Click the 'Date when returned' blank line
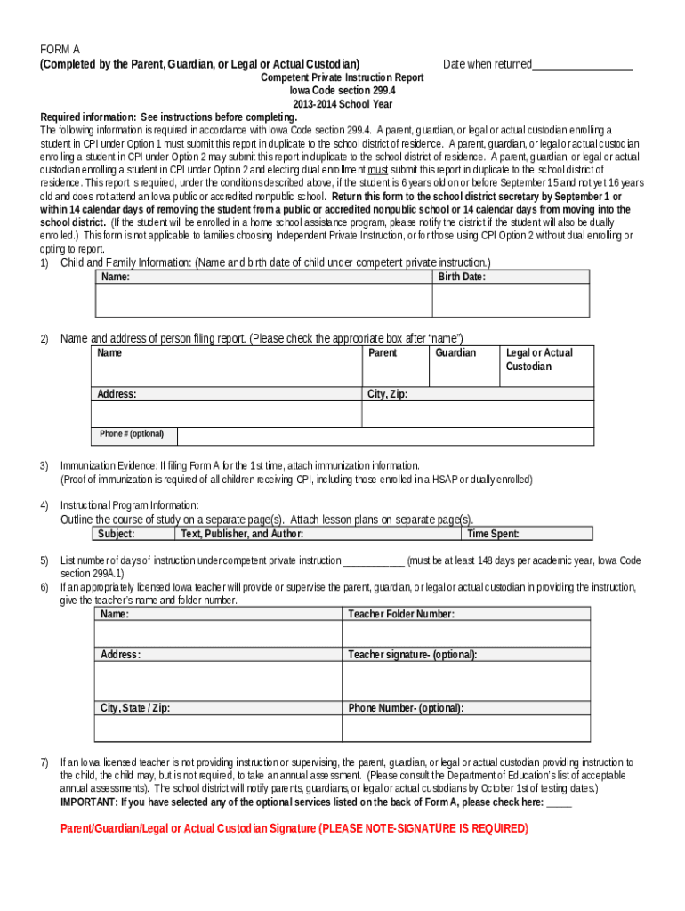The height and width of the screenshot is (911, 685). [582, 66]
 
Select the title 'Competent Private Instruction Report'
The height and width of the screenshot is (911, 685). [342, 78]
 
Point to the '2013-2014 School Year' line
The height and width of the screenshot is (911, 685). [342, 104]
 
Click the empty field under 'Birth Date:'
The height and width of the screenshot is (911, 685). [510, 301]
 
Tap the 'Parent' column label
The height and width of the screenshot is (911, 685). [383, 353]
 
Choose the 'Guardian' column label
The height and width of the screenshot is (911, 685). [455, 353]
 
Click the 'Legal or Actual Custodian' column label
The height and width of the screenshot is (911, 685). [539, 359]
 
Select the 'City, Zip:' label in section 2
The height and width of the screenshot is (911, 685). [387, 394]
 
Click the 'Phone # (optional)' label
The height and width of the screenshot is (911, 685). [132, 434]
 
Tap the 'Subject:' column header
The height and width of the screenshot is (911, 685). [117, 534]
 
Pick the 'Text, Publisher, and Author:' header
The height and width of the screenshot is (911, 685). [242, 534]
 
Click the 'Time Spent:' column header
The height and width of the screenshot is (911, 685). [493, 534]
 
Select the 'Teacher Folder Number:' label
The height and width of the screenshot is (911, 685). [401, 614]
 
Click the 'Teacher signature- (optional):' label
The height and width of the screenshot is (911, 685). [412, 655]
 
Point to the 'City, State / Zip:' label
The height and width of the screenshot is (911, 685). [135, 709]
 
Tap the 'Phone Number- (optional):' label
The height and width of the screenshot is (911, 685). [406, 709]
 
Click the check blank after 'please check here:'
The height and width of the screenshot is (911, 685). [560, 802]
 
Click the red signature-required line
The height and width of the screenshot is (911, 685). [294, 828]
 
